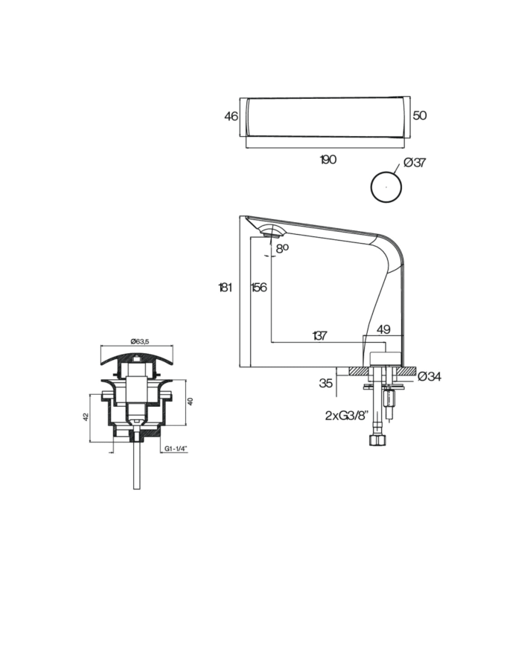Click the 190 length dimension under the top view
[x=327, y=160]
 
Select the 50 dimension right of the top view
[x=419, y=116]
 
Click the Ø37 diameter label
[x=414, y=164]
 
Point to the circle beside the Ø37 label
[x=386, y=187]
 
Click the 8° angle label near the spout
[x=282, y=249]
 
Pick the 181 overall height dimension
[x=226, y=288]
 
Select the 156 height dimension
[x=259, y=288]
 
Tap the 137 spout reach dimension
[x=319, y=336]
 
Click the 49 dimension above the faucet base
[x=383, y=329]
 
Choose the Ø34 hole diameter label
[x=429, y=377]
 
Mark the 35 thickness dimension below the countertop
[x=326, y=384]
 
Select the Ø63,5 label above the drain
[x=140, y=341]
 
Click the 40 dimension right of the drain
[x=191, y=401]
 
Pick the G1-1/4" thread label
[x=176, y=449]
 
